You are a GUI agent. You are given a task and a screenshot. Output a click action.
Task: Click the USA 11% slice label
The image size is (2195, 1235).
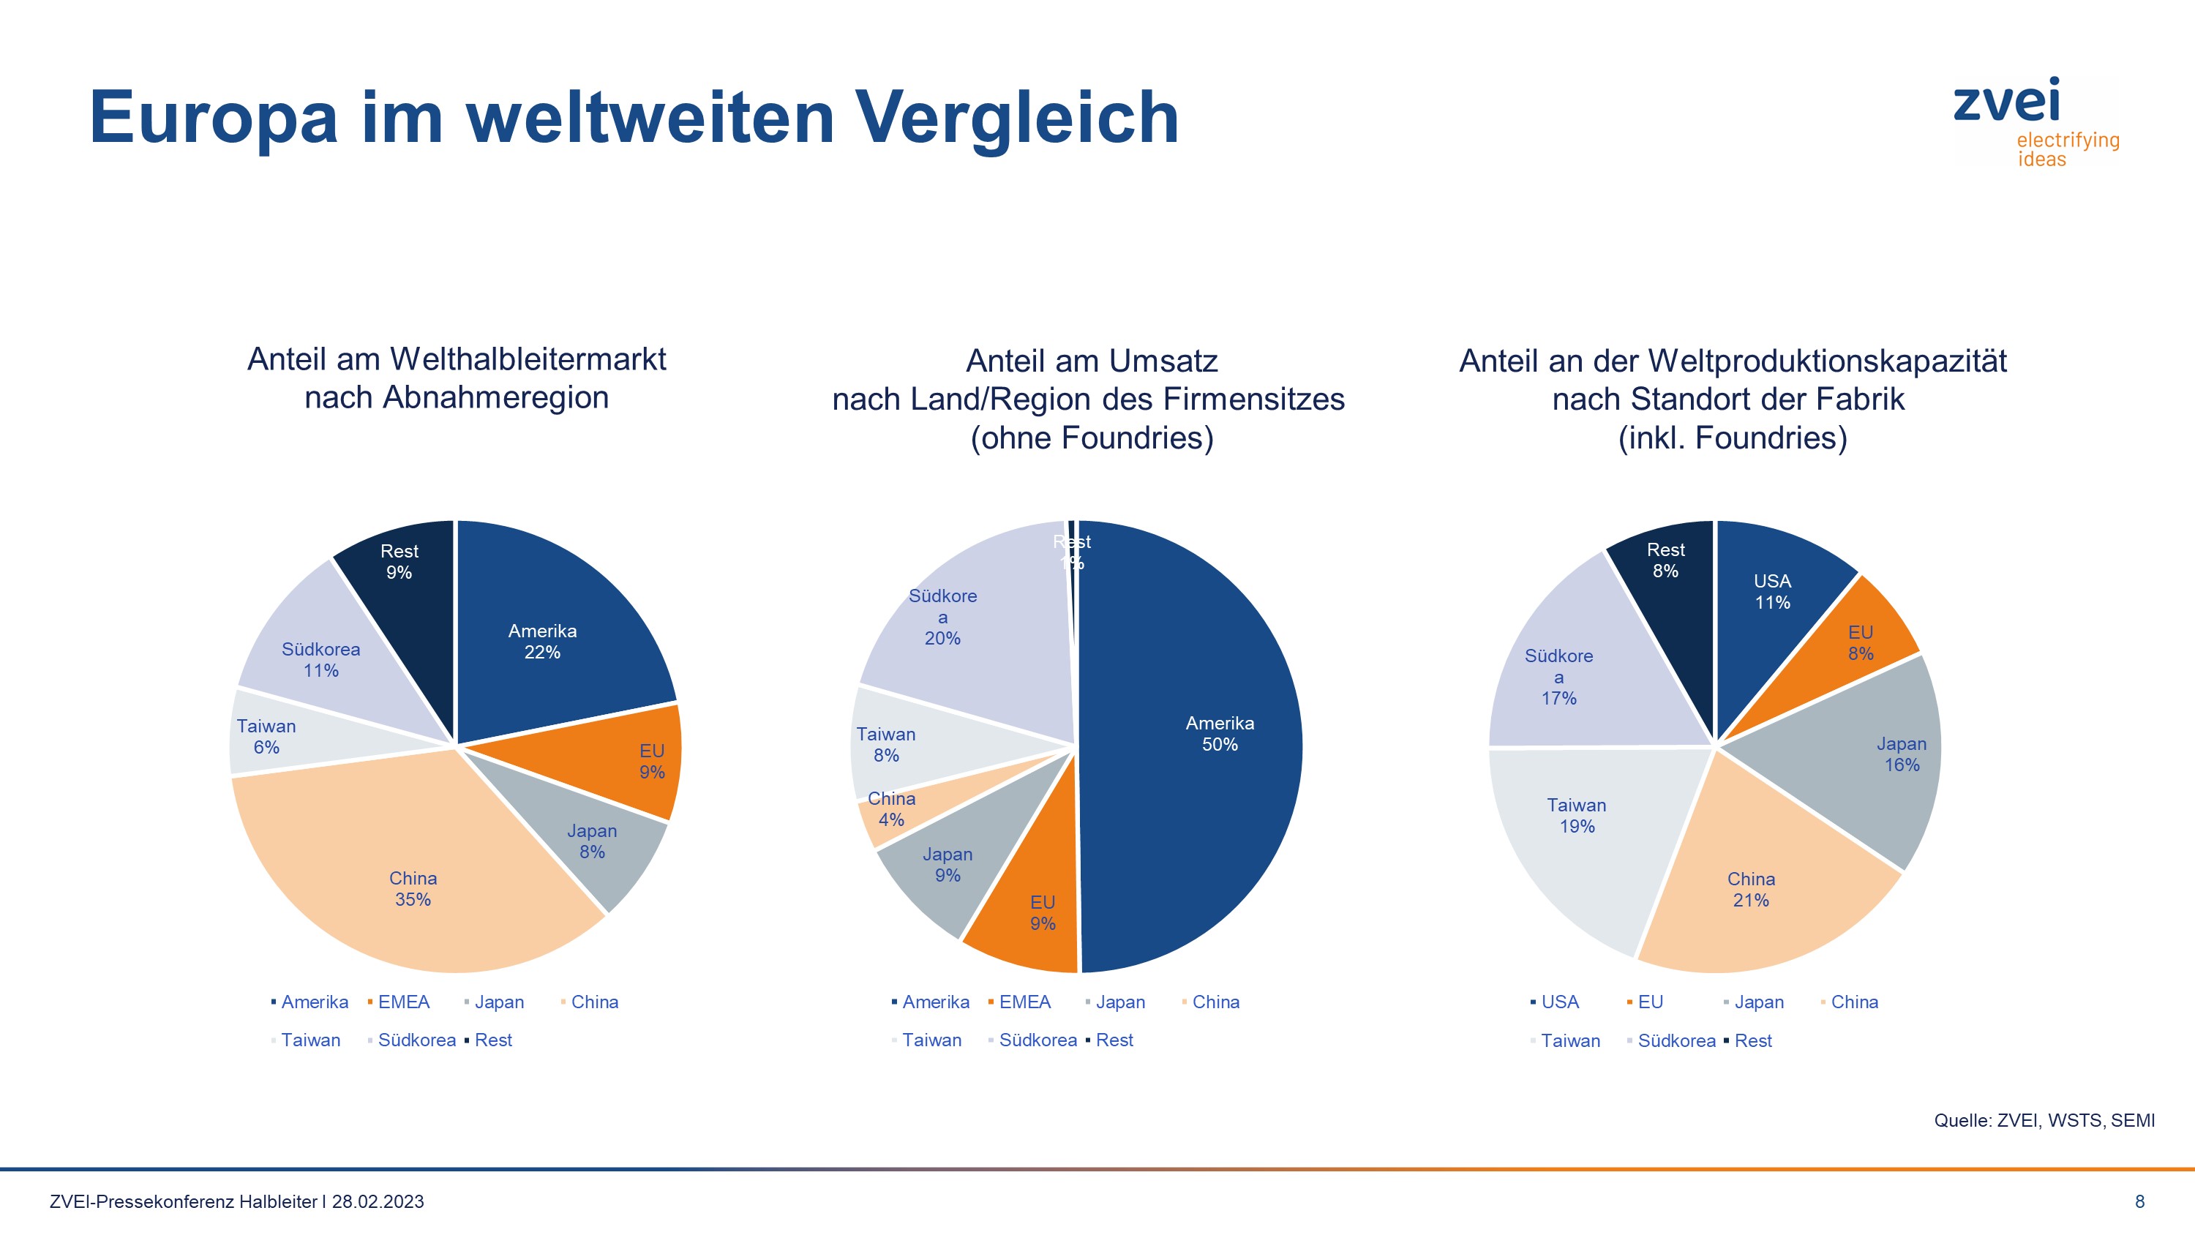[x=1771, y=591]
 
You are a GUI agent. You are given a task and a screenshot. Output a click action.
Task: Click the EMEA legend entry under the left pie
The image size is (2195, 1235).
[x=403, y=1002]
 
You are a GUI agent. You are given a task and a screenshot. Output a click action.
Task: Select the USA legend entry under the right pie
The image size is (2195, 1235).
[x=1558, y=1002]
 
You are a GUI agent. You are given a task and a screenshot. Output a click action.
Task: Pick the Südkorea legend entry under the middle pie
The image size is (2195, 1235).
[x=1036, y=1040]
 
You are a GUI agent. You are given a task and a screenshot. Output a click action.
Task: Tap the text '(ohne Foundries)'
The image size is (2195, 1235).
[x=1092, y=438]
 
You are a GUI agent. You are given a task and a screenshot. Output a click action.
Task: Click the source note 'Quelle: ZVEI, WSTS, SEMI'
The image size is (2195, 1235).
[x=2044, y=1121]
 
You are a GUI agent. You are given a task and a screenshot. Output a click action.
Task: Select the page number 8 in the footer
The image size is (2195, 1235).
[x=2139, y=1202]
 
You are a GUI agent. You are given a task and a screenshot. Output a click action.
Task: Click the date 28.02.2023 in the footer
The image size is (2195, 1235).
[x=378, y=1202]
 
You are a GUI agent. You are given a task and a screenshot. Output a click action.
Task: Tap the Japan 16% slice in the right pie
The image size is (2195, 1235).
[x=1901, y=754]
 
